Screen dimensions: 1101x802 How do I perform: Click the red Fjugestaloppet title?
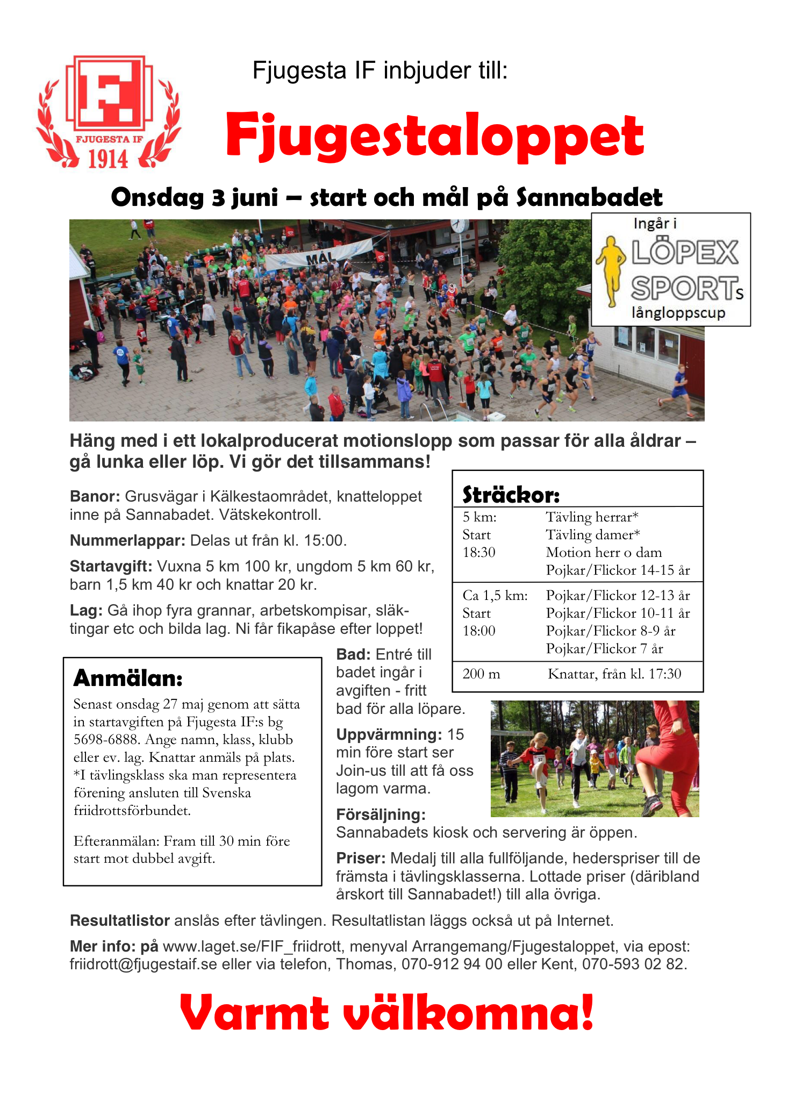tap(434, 135)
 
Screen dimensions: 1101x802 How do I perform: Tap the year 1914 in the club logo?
tap(108, 159)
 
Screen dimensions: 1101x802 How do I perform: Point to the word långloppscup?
tap(678, 312)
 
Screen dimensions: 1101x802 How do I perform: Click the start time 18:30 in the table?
tap(479, 552)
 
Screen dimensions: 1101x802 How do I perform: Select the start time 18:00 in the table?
tap(479, 631)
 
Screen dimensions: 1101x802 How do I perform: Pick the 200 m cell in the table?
tap(481, 674)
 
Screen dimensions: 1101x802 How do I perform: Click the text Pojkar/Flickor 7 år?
tap(604, 648)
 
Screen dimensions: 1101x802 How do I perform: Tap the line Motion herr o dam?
tap(604, 552)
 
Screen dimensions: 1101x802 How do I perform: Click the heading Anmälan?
tap(128, 678)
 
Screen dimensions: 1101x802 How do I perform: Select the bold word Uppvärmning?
tap(389, 734)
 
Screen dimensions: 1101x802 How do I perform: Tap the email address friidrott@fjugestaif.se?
tap(143, 964)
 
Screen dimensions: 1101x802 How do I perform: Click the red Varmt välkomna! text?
tap(386, 1012)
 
